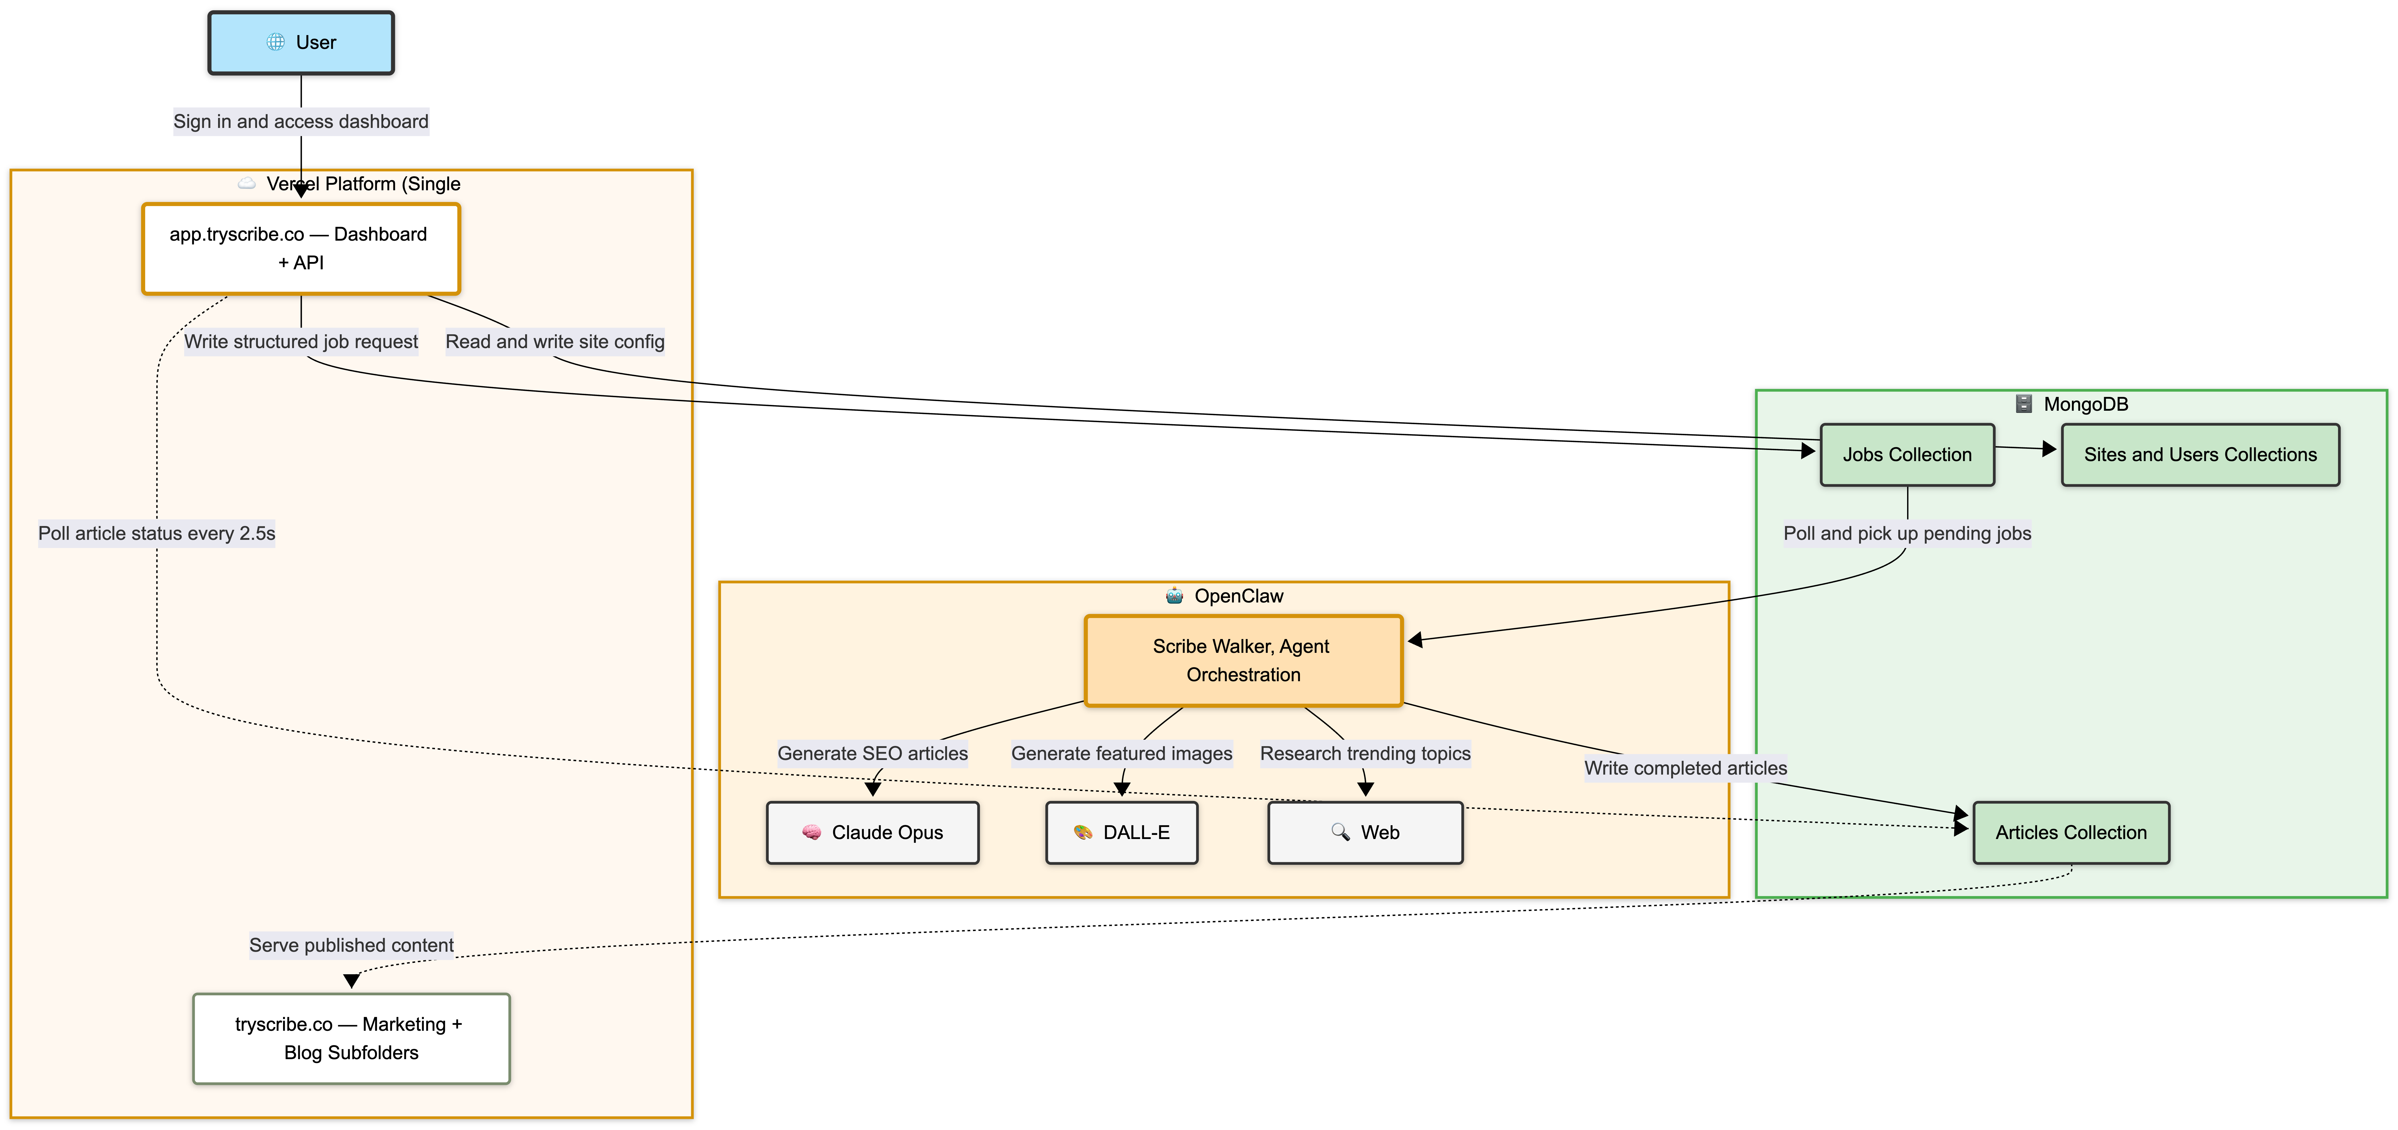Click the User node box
click(x=301, y=43)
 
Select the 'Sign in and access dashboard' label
click(x=301, y=122)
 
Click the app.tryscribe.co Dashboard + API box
click(x=301, y=249)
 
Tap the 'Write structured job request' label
click(x=301, y=342)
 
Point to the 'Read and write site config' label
click(x=555, y=342)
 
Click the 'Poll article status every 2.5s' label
click(x=156, y=533)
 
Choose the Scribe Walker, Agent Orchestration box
click(x=1243, y=661)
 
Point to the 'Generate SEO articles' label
click(x=872, y=754)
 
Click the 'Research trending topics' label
click(x=1365, y=754)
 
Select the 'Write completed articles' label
click(x=1685, y=768)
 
